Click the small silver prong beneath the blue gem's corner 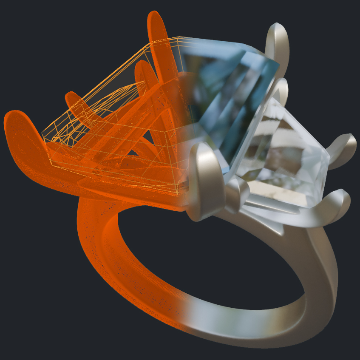pos(238,191)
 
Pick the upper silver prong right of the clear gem pos(344,145)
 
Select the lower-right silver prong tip pos(340,200)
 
